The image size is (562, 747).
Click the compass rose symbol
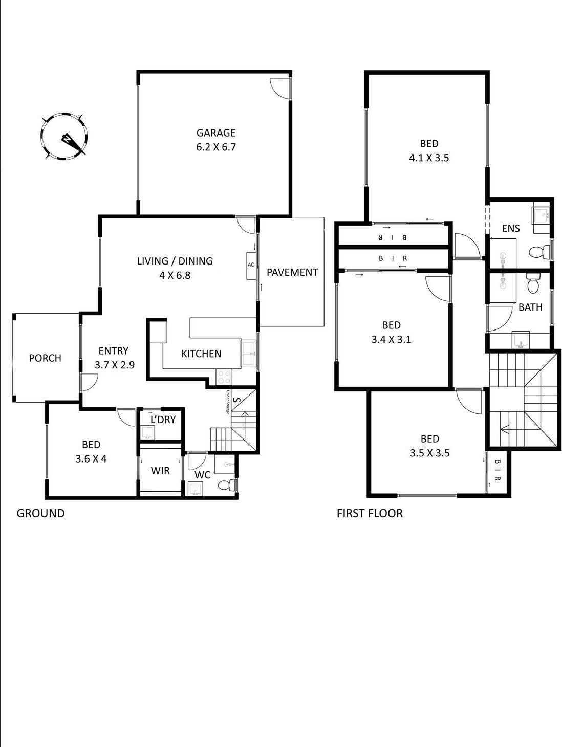coord(64,137)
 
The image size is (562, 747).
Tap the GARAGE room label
coord(216,133)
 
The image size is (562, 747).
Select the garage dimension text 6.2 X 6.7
coord(216,147)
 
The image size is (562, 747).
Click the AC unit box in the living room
coord(251,265)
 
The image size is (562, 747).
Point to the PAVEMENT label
coord(292,273)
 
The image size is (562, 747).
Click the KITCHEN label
coord(201,354)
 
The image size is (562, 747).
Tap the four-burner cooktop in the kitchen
coord(224,378)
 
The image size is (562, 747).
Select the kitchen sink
coord(249,354)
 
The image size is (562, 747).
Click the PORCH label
coord(45,358)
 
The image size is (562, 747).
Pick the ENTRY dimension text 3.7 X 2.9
coord(115,365)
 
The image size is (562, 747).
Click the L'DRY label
coord(163,420)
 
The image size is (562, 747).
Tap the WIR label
coord(160,471)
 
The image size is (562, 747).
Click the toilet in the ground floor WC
coord(226,485)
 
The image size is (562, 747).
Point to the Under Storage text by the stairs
coord(228,402)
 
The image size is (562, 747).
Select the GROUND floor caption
coord(40,513)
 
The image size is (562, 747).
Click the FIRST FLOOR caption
coord(370,513)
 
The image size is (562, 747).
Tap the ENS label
coord(511,229)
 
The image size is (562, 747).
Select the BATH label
coord(530,307)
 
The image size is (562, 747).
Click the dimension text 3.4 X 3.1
coord(391,339)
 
